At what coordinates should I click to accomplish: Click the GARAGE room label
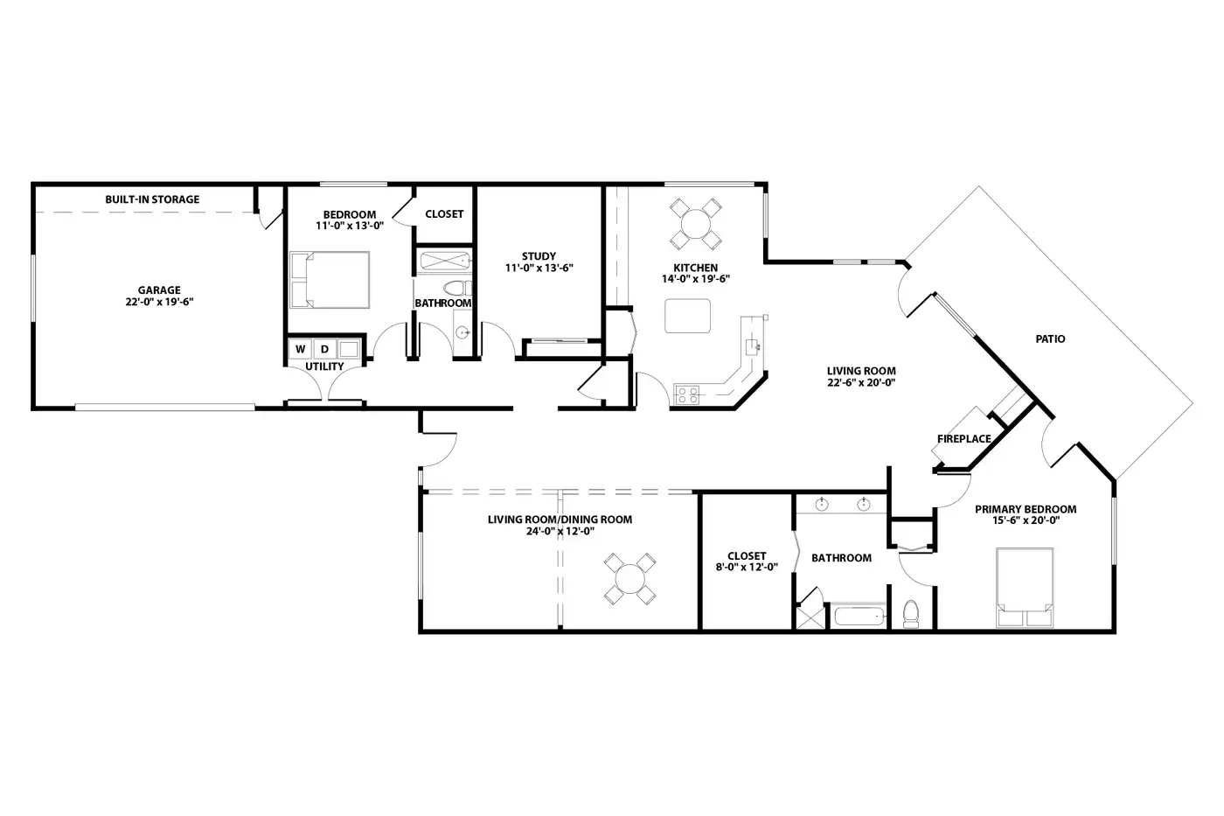pos(159,290)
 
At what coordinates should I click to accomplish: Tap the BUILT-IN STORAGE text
pos(152,199)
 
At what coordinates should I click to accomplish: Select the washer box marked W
pos(300,349)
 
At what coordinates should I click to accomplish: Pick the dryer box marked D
pos(324,349)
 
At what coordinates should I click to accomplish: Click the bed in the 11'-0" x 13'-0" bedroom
pos(330,280)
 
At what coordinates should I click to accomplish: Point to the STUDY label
pos(539,256)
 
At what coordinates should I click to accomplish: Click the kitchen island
pos(687,316)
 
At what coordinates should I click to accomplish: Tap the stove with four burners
pos(687,394)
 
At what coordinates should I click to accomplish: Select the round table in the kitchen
pos(696,224)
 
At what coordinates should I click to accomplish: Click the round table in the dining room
pos(630,579)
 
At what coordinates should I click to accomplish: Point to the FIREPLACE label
pos(963,439)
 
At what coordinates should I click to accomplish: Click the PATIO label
pos(1050,338)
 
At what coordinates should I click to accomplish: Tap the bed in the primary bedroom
pos(1025,588)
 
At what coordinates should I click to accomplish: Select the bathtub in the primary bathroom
pos(860,617)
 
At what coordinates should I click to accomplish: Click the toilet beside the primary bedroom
pos(911,614)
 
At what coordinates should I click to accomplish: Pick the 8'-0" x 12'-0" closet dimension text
pos(747,568)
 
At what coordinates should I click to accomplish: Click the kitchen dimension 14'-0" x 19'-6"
pos(696,279)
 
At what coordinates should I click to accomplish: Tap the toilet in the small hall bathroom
pos(458,288)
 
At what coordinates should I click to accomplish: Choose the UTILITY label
pos(324,366)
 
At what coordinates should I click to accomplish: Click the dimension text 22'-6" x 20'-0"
pos(861,382)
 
